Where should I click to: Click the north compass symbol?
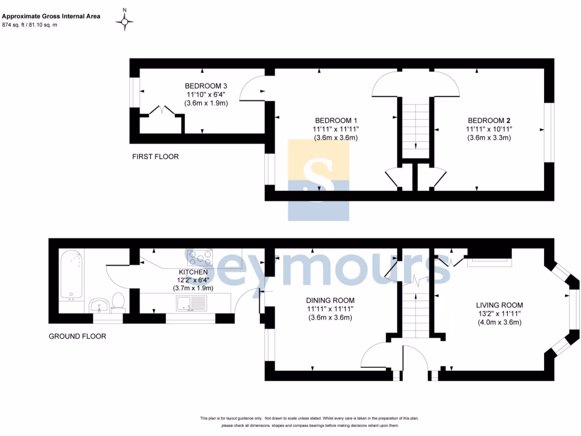(124, 22)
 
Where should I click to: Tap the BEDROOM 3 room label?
(206, 86)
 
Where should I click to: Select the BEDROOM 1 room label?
(336, 120)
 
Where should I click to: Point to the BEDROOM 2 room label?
(489, 120)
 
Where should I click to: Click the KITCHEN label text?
(193, 272)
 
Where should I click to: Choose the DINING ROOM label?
(330, 300)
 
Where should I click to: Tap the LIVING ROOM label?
(499, 305)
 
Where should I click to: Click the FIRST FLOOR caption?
(155, 157)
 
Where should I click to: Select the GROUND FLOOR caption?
(77, 336)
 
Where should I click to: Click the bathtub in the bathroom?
(71, 275)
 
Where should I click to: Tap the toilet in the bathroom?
(118, 302)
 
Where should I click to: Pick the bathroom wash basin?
(99, 305)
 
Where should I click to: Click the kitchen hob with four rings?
(200, 258)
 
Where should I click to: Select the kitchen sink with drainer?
(192, 304)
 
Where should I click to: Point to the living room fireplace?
(490, 258)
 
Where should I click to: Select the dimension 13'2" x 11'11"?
(499, 313)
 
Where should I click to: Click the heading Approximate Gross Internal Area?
(51, 16)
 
